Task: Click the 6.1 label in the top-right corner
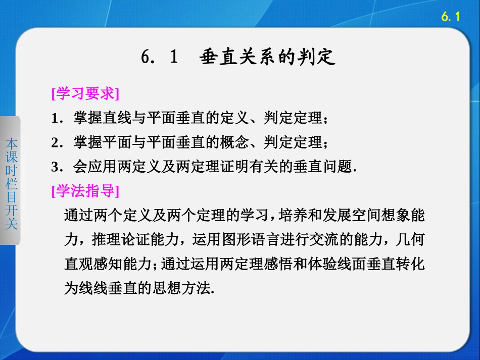451,17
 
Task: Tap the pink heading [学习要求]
85,94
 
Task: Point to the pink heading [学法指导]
85,191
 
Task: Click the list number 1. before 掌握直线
56,119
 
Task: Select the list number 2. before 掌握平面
56,143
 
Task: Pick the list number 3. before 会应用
56,168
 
